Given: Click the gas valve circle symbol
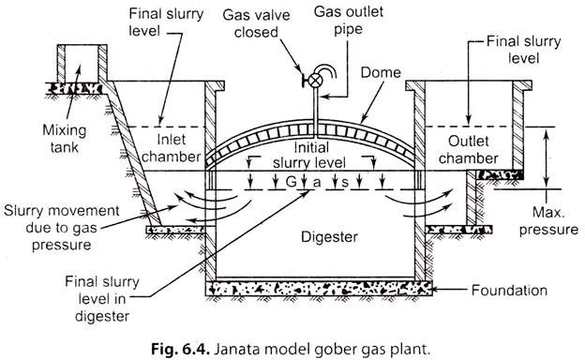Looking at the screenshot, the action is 316,81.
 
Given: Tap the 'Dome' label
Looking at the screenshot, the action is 381,72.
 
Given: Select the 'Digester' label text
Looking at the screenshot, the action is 329,237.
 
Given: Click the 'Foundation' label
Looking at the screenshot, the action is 509,291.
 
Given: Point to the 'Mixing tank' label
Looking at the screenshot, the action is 64,139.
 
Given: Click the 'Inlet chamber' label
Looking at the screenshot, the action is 172,148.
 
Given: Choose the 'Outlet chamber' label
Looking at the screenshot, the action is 469,150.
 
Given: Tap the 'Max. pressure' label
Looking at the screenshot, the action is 548,221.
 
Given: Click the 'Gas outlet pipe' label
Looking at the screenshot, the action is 348,20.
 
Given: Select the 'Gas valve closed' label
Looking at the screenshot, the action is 256,23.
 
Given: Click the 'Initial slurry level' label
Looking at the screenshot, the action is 309,156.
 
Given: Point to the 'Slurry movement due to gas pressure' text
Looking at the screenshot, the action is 62,228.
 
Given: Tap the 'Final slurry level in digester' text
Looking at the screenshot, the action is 102,299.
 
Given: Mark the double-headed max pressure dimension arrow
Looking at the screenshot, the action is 546,157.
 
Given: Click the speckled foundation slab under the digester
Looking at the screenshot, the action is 319,289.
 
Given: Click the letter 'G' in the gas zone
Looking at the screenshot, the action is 291,182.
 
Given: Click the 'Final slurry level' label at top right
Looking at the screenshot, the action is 524,50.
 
